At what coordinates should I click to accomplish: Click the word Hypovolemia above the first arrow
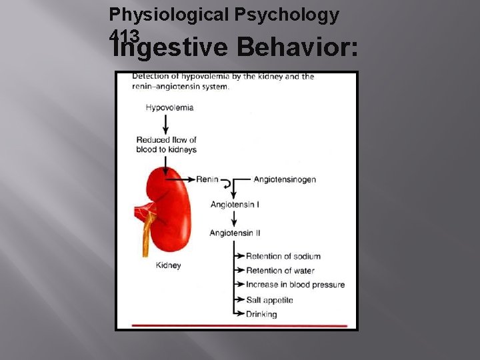coord(169,107)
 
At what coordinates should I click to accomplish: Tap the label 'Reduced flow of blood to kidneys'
coord(166,145)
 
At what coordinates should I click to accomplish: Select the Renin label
coord(207,179)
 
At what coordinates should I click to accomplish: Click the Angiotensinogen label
coord(285,179)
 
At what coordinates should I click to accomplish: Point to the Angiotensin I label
coord(235,204)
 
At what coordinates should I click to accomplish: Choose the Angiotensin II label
coord(235,233)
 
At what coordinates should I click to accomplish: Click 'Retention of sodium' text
coord(283,256)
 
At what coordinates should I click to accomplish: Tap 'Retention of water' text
coord(280,271)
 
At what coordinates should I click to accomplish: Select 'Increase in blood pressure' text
coord(295,285)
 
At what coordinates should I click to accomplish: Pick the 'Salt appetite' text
coord(269,300)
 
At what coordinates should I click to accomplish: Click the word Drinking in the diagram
coord(261,314)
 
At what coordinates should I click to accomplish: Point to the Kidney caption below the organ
coord(168,265)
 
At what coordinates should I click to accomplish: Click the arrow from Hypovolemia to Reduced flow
coord(165,123)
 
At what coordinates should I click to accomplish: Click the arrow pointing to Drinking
coord(239,314)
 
